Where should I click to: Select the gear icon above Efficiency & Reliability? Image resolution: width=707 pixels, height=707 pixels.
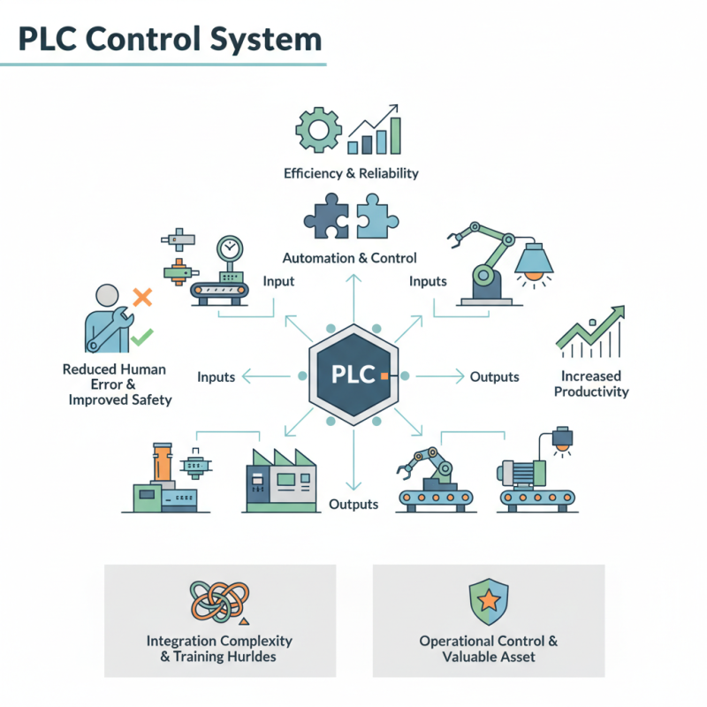[x=317, y=131]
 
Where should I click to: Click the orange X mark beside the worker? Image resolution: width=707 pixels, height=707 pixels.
[x=141, y=297]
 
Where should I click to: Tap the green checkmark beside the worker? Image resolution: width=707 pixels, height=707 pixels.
[x=141, y=337]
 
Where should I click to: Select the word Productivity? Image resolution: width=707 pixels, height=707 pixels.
[x=591, y=392]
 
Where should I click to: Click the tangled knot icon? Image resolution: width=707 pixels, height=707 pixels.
[x=219, y=602]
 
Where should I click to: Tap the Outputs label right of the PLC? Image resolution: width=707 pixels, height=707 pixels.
[x=494, y=376]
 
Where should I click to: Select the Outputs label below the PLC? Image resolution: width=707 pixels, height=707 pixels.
[x=353, y=504]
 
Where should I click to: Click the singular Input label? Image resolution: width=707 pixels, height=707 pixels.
[x=278, y=281]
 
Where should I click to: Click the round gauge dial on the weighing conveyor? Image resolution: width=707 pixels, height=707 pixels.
[x=229, y=249]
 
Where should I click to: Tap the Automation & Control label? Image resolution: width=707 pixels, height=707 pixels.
[x=351, y=258]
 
